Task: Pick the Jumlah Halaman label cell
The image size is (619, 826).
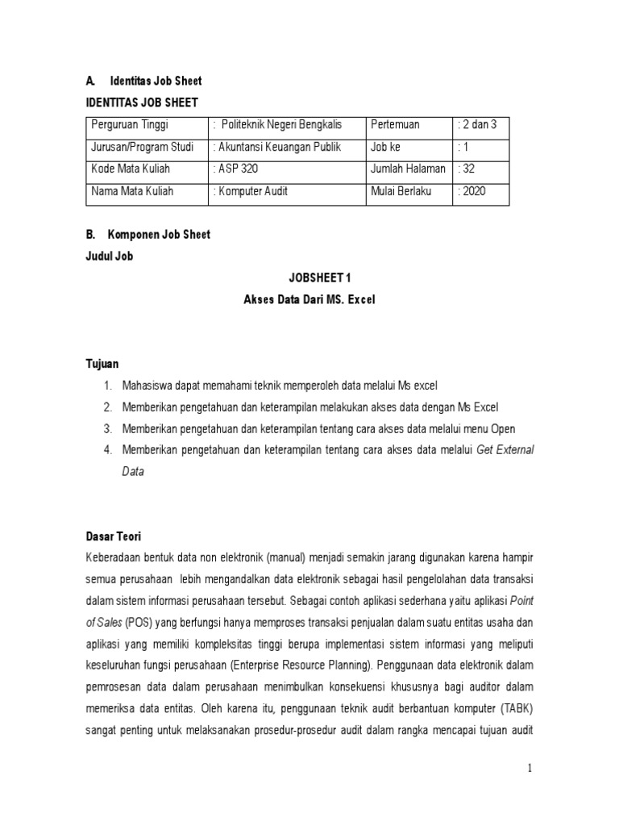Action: tap(409, 169)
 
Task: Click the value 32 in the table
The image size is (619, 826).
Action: tap(468, 169)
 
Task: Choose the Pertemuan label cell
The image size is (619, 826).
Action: tap(397, 124)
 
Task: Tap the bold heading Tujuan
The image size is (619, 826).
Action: tap(102, 364)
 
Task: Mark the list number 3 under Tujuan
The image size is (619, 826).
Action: tap(107, 428)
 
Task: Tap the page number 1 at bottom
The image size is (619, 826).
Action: tap(530, 769)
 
